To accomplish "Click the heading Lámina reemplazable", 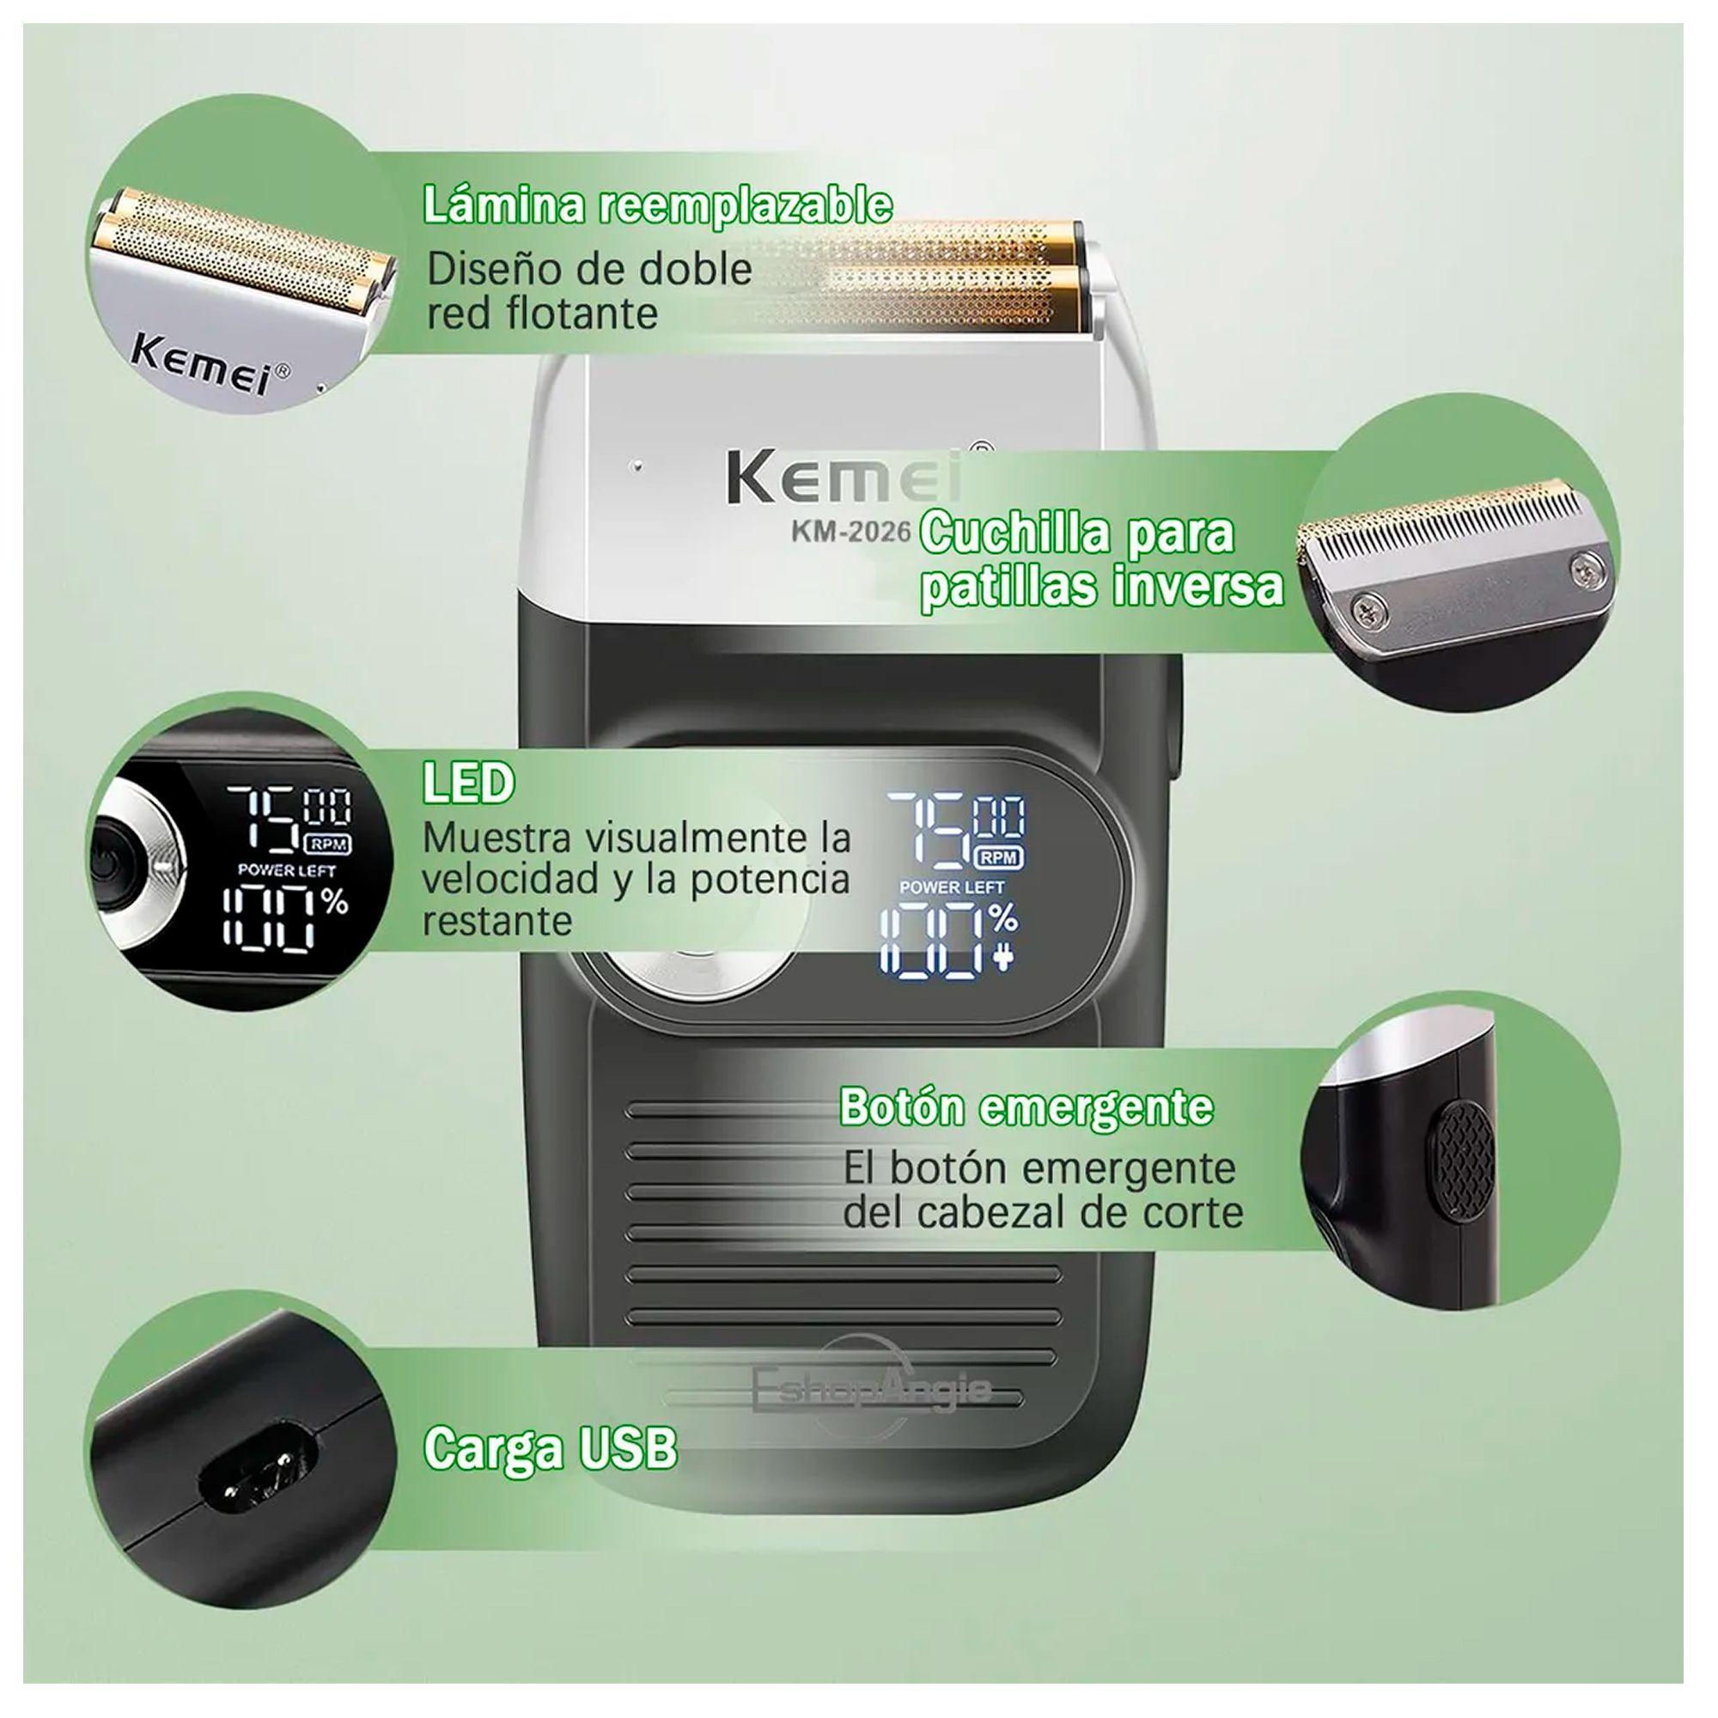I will [657, 206].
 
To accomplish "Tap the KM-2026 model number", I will [850, 531].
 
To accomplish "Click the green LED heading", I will [468, 783].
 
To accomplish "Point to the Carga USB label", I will [550, 1448].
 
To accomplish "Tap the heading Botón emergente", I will [1027, 1107].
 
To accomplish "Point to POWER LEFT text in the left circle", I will [286, 870].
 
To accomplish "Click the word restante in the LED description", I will [497, 921].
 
